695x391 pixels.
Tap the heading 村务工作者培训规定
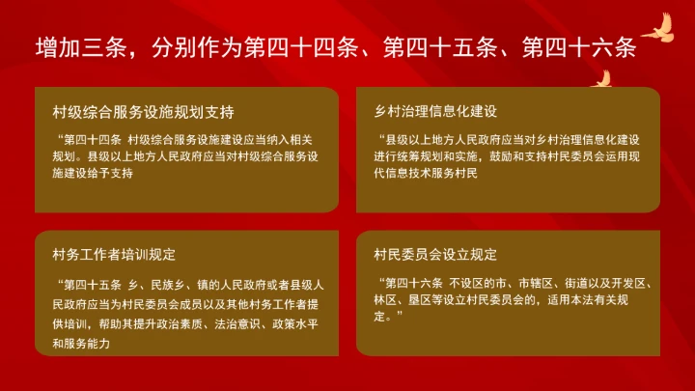[113, 255]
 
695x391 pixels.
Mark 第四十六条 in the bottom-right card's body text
[414, 283]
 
